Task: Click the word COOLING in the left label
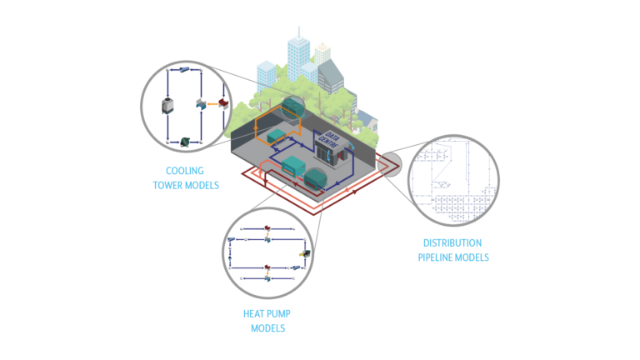pos(184,171)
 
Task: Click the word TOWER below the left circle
pos(167,185)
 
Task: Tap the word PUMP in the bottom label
pos(279,314)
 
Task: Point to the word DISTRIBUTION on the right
pos(452,243)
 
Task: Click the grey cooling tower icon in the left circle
pos(167,106)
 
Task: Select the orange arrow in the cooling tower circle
pos(212,104)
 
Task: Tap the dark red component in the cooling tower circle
pos(223,102)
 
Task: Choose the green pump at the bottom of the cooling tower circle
pos(185,142)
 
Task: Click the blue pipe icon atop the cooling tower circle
pos(184,70)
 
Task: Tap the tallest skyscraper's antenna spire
pos(299,32)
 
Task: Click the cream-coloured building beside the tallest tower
pos(322,53)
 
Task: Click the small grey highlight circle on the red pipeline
pos(389,164)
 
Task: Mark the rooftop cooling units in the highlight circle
pos(293,107)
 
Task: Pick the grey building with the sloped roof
pos(331,77)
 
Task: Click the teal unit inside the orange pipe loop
pos(276,136)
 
